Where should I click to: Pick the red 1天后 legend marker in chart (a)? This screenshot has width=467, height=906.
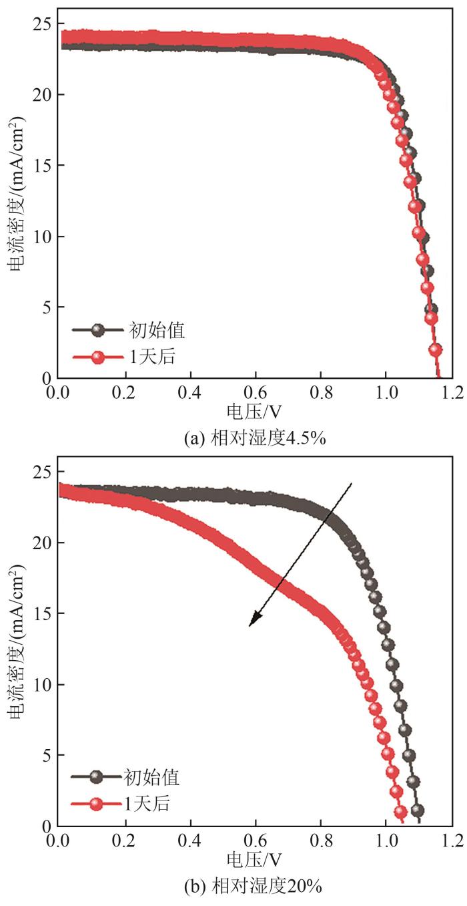98,357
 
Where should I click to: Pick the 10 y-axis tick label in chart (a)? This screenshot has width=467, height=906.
43,237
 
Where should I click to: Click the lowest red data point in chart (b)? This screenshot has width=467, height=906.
401,812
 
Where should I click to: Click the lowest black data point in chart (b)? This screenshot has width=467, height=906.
418,811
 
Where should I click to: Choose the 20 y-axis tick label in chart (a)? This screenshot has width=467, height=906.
43,96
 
